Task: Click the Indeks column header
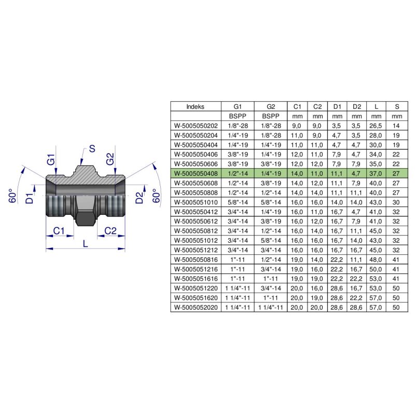[196, 106]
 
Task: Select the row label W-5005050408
[196, 174]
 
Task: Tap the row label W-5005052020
[196, 308]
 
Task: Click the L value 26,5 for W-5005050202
[376, 126]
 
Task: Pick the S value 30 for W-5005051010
[397, 202]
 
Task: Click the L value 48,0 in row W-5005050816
[376, 260]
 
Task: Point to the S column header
[397, 106]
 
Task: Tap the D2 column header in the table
[356, 106]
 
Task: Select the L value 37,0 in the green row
[376, 174]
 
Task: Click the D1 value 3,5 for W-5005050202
[337, 126]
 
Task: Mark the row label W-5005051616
[196, 279]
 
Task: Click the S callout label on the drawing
[92, 149]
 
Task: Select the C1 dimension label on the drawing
[59, 230]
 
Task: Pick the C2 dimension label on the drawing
[110, 230]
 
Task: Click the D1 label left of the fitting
[31, 198]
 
